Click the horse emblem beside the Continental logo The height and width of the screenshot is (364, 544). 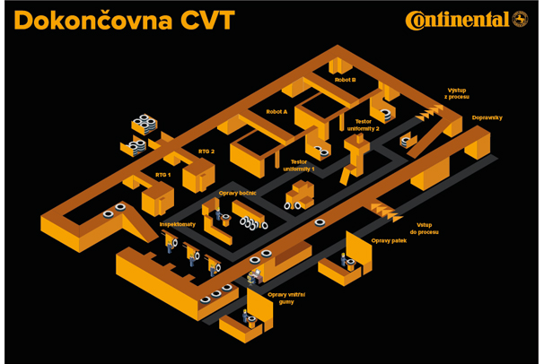[x=520, y=19]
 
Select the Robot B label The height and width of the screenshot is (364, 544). [x=345, y=80]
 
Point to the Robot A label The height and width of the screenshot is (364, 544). [x=276, y=112]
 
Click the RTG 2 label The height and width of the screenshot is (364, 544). [x=206, y=152]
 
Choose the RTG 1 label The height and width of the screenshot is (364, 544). [x=162, y=175]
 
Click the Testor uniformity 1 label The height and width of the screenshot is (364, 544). [x=299, y=165]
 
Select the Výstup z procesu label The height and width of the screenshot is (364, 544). [x=458, y=92]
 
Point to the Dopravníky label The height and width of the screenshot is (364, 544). [x=487, y=117]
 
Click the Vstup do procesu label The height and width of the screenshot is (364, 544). [x=427, y=228]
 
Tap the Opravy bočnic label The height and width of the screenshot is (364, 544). [x=237, y=193]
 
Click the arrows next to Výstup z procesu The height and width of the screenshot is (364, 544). [x=430, y=110]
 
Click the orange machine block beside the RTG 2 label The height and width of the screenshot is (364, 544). [x=199, y=175]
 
